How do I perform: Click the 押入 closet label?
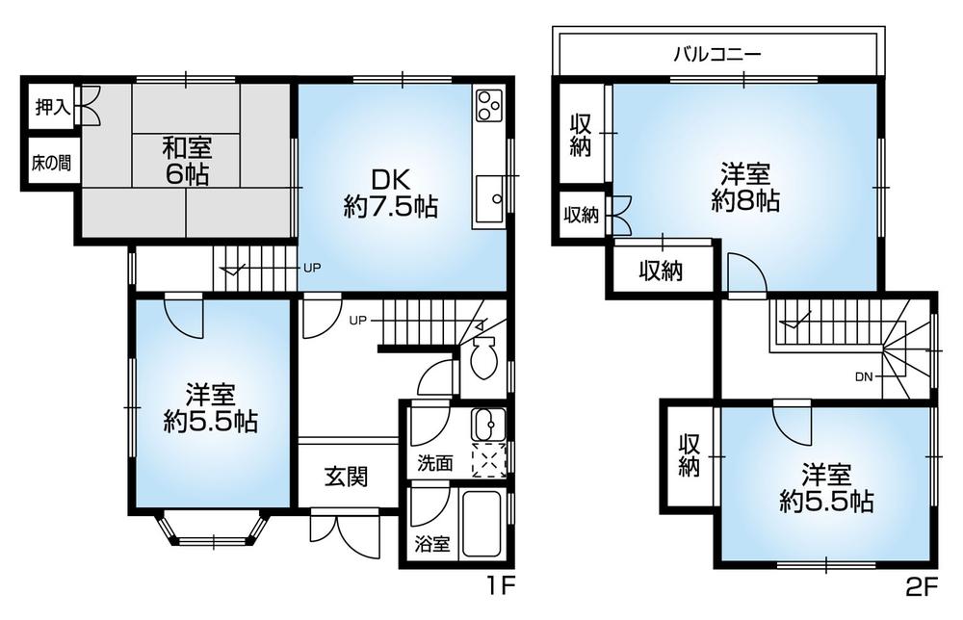coord(54,107)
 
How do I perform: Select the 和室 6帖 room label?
coord(185,161)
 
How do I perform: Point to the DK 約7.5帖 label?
coord(391,193)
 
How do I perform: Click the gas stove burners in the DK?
coord(486,103)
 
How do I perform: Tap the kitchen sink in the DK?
coord(488,200)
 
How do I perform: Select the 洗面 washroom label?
coord(434,462)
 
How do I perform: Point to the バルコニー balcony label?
coord(716,54)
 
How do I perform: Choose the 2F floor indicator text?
coord(921,584)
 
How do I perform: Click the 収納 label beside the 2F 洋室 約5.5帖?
coord(688,455)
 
